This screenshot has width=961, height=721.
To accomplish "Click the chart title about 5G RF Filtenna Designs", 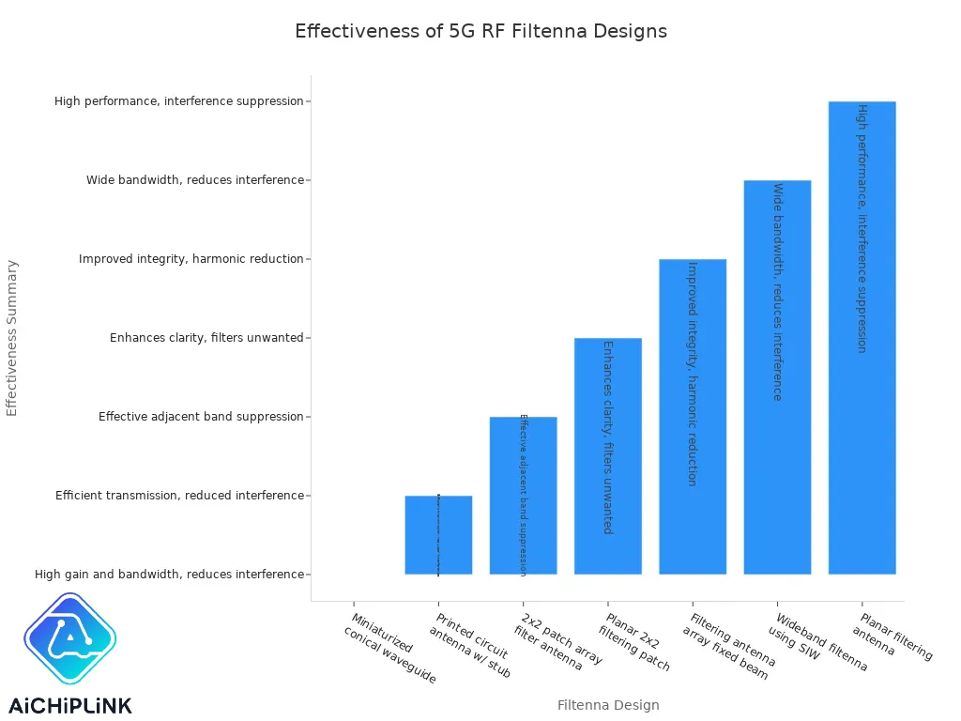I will click(480, 31).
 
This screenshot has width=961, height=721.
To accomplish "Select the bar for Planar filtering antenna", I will click(862, 338).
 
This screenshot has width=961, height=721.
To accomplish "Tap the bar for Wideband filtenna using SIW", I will click(777, 376).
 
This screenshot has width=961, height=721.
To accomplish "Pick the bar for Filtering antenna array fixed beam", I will click(693, 416).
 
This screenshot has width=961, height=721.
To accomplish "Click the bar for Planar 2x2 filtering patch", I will click(608, 455).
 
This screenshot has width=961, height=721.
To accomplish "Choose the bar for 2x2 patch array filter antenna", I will click(523, 495).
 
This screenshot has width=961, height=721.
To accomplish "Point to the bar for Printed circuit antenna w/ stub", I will click(438, 534).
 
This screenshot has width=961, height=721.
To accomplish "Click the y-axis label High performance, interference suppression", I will click(179, 101).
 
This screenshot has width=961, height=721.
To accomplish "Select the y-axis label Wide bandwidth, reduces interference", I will click(195, 180).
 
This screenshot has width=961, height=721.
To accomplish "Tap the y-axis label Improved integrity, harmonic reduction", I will click(191, 259).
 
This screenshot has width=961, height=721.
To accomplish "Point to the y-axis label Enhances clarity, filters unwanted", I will click(206, 338).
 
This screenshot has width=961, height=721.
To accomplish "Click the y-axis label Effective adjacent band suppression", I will click(201, 417).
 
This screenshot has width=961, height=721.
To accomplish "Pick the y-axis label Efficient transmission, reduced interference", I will click(179, 496).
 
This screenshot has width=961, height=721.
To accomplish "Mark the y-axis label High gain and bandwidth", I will click(169, 575).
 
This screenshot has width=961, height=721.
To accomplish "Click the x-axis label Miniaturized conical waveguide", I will click(387, 648).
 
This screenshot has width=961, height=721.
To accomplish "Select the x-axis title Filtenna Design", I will click(608, 705).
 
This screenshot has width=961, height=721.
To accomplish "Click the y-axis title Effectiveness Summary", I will click(12, 338).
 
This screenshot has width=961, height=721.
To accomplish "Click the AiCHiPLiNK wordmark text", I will click(70, 705).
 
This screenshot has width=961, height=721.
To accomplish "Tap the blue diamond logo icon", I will click(69, 639).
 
